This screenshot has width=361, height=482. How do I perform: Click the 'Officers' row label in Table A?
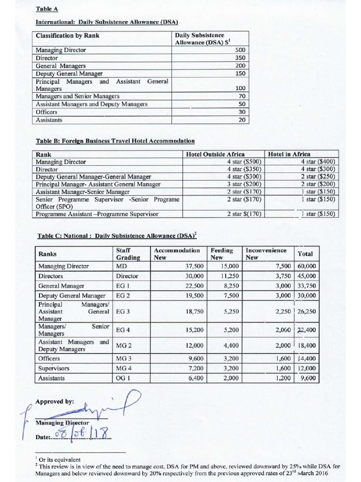click(x=47, y=112)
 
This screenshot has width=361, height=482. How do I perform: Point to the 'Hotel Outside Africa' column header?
click(x=215, y=154)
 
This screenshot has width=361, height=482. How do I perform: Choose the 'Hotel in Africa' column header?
click(x=289, y=154)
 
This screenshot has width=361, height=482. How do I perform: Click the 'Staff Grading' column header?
click(x=128, y=254)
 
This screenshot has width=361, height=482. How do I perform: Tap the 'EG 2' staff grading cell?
click(x=123, y=296)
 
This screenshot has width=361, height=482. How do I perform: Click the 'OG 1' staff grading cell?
click(x=123, y=378)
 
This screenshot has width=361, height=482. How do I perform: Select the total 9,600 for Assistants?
click(x=308, y=378)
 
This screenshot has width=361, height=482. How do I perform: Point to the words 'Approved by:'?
click(x=55, y=402)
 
